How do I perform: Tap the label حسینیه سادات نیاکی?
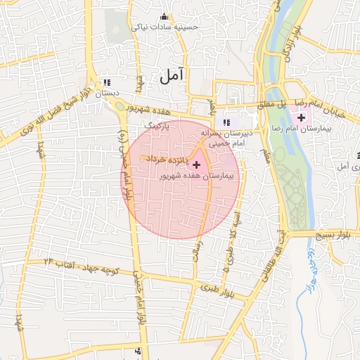(165, 27)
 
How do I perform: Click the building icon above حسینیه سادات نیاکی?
(165, 18)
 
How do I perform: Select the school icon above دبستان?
(107, 82)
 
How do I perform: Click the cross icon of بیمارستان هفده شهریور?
(195, 165)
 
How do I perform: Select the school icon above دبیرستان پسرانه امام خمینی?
(226, 123)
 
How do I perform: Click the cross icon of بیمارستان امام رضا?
(301, 117)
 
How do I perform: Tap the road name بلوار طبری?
(214, 288)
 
